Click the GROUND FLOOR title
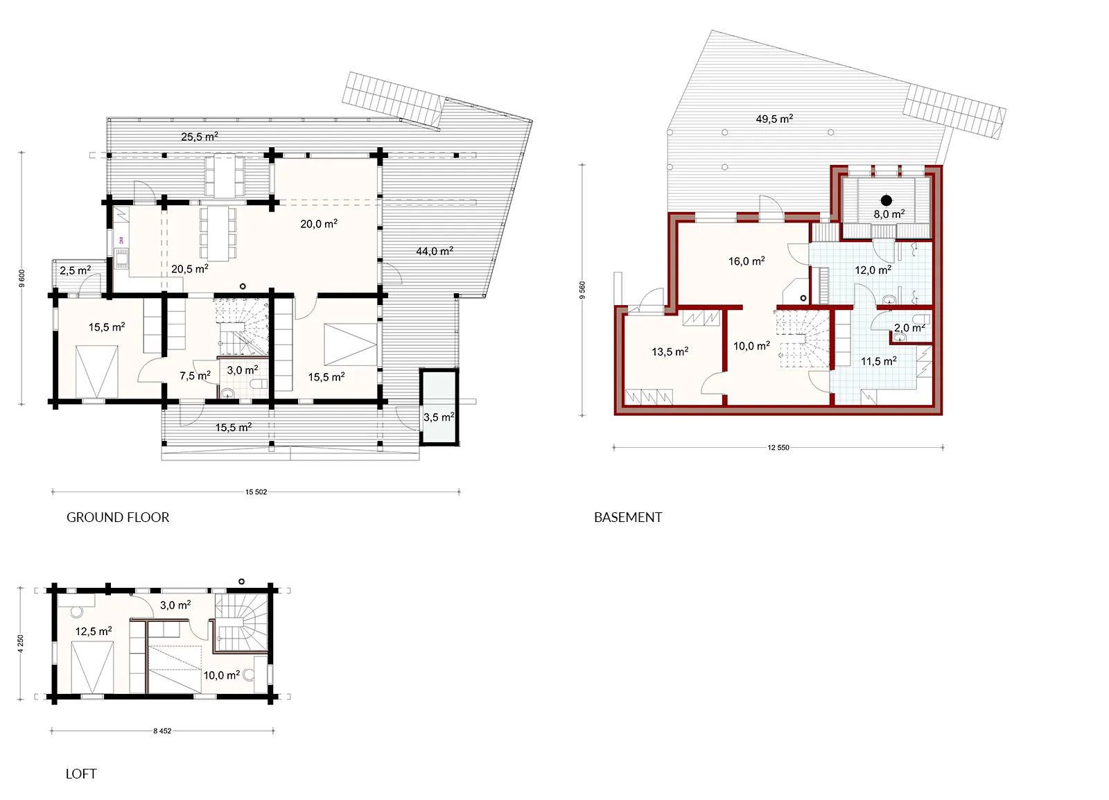coord(118,517)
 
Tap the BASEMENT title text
coord(628,517)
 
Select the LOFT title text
coord(81,774)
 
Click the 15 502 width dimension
coord(256,492)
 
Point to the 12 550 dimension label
coord(778,448)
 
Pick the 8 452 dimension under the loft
coord(162,731)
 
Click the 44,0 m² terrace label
coord(435,251)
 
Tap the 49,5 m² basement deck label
coord(774,119)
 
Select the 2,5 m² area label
coord(76,270)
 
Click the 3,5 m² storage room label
coord(439,417)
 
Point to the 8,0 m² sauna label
coord(889,214)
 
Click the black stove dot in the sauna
coord(887,200)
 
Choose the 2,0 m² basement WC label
coord(909,327)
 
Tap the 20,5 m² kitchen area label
coord(190,269)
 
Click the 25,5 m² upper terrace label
coord(200,137)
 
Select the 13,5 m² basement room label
coord(670,351)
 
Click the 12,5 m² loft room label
coord(94,631)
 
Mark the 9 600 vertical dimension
coord(21,278)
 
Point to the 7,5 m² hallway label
coord(195,376)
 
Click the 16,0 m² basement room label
coord(746,261)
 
